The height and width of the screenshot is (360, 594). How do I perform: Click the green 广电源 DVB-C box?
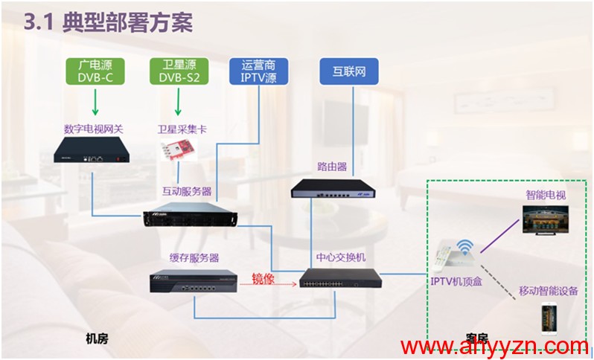click(x=94, y=71)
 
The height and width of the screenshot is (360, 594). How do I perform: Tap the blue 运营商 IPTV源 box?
click(x=258, y=72)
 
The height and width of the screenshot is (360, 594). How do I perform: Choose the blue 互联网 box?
click(x=348, y=72)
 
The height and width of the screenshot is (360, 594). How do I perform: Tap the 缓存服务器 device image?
click(x=193, y=281)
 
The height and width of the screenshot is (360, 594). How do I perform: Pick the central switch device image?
click(x=341, y=280)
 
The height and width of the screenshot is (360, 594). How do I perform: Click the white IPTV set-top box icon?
click(x=451, y=256)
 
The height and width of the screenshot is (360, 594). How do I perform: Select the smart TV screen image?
click(x=543, y=221)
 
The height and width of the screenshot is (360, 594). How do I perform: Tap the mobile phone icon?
click(x=549, y=317)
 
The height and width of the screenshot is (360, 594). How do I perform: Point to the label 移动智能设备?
click(x=549, y=290)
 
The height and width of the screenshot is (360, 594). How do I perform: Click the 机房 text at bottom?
click(x=97, y=339)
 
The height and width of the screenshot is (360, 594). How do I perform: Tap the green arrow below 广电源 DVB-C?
click(x=94, y=100)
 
